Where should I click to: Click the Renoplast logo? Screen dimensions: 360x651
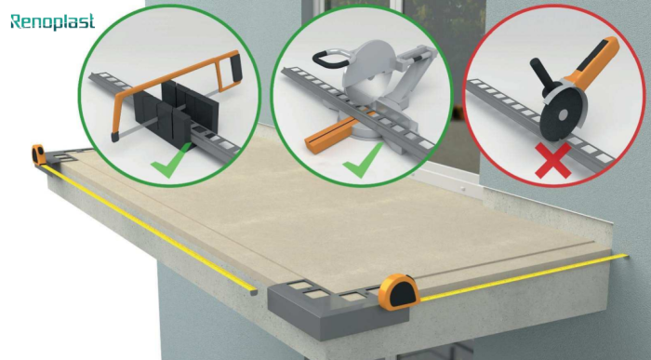pos(53,20)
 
